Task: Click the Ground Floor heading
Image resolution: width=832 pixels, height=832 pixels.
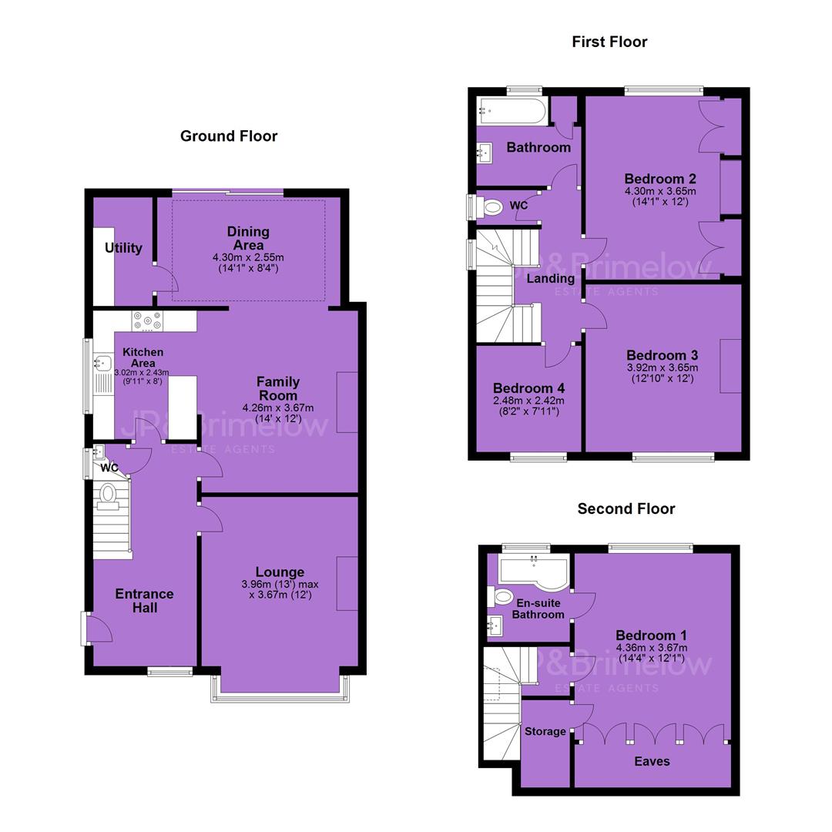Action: [x=229, y=136]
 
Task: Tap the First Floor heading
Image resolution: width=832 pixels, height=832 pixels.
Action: [x=609, y=42]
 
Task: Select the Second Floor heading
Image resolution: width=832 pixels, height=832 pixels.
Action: [x=626, y=509]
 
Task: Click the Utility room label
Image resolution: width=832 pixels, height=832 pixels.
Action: [x=123, y=248]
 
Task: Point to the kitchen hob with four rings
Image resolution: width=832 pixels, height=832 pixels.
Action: [x=147, y=321]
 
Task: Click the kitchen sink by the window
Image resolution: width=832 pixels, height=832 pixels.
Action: [x=102, y=364]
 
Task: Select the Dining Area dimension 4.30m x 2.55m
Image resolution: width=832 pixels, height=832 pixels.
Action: [x=248, y=257]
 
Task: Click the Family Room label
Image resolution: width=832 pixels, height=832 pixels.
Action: [x=278, y=388]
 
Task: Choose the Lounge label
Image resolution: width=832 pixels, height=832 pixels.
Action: [x=280, y=572]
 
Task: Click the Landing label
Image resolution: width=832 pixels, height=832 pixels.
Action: [x=550, y=279]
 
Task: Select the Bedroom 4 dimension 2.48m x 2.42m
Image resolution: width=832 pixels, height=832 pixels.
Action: [x=528, y=401]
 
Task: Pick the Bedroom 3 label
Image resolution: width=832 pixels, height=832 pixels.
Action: [x=663, y=355]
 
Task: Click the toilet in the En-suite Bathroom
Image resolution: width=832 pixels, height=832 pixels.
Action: [x=502, y=597]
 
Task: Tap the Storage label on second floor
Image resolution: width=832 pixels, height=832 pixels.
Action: [x=545, y=731]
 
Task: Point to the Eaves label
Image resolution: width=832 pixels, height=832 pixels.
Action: [x=653, y=761]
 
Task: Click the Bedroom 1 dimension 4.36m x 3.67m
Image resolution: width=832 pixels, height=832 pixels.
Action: [x=652, y=647]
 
